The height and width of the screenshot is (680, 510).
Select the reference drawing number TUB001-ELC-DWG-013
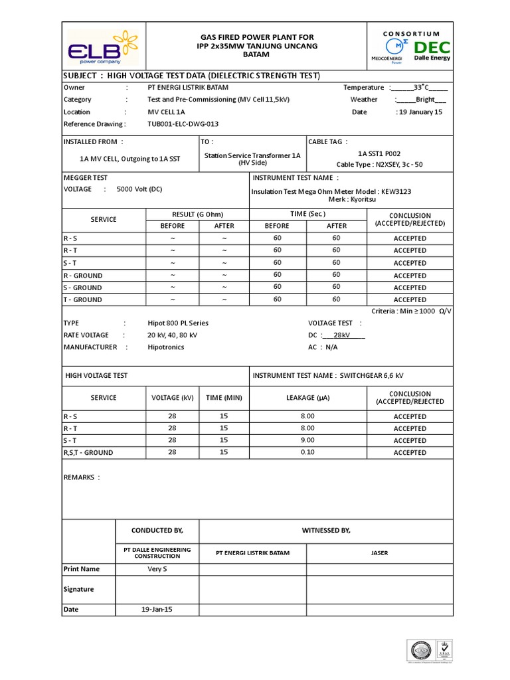click(x=183, y=124)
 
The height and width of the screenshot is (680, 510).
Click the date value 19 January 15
click(x=419, y=112)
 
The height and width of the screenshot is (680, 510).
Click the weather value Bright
click(x=425, y=100)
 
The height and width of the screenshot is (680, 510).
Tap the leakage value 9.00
click(x=307, y=440)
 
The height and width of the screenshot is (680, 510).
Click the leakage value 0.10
click(x=307, y=452)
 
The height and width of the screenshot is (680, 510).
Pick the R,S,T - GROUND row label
click(x=88, y=453)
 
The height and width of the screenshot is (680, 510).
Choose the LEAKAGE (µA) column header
click(x=307, y=398)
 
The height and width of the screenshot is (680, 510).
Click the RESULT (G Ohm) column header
click(x=198, y=214)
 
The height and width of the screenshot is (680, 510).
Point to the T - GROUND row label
click(x=83, y=300)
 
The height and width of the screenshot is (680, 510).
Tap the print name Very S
click(x=157, y=569)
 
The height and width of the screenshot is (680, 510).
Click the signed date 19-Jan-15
click(x=157, y=610)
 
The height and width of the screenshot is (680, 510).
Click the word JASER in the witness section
click(x=380, y=553)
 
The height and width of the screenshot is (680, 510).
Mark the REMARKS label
click(x=82, y=477)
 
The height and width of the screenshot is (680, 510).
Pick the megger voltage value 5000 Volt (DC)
click(x=139, y=189)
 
